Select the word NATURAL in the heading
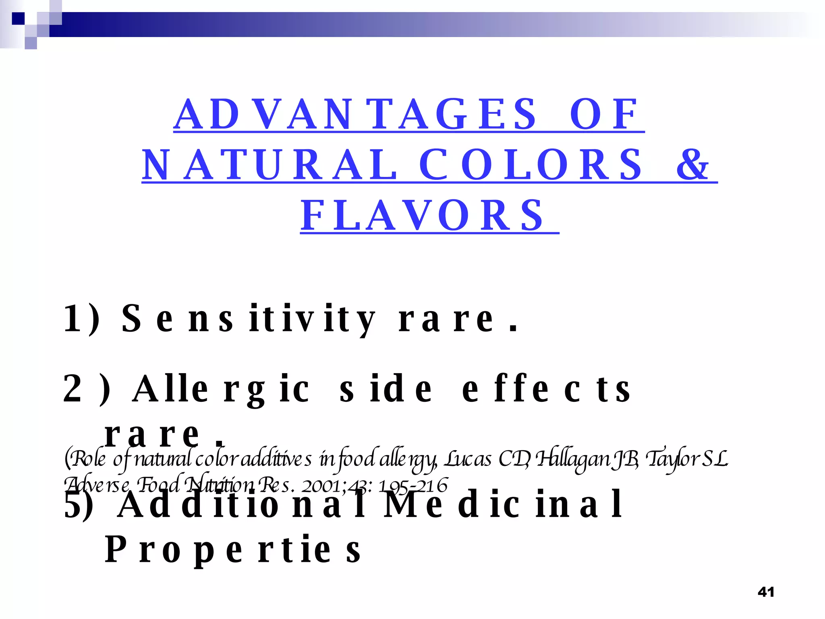click(x=269, y=165)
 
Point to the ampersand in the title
click(x=692, y=165)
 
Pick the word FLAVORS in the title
click(x=423, y=216)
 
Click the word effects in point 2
click(x=546, y=389)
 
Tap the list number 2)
click(x=87, y=389)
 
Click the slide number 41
click(x=766, y=592)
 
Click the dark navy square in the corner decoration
click(x=18, y=19)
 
